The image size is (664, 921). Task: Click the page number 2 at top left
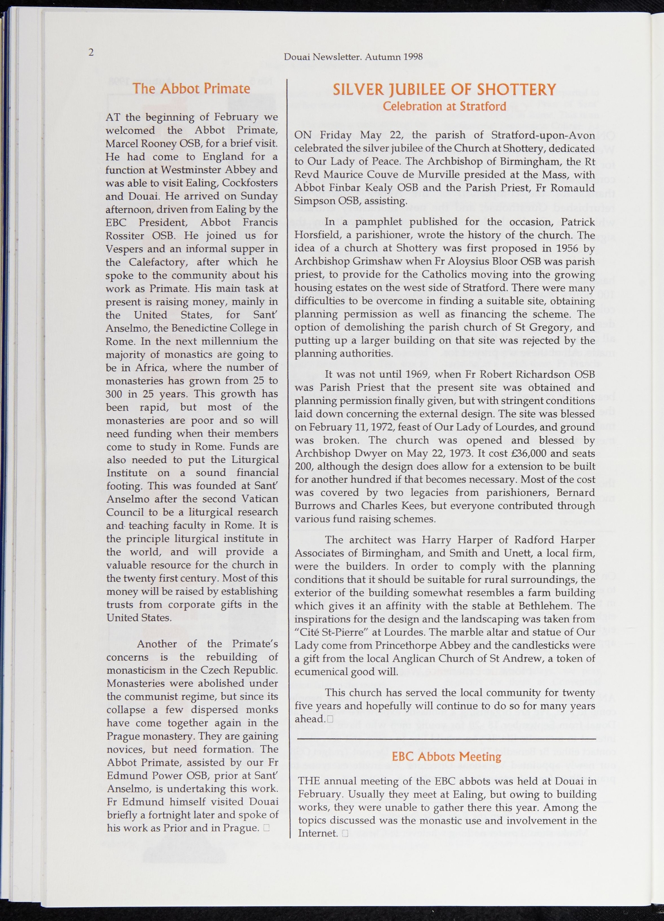[91, 53]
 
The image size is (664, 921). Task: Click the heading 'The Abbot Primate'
[191, 88]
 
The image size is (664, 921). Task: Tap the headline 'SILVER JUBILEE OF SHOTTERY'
[444, 89]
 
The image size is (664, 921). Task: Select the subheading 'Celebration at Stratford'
[444, 107]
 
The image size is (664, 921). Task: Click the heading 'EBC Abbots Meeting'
[447, 756]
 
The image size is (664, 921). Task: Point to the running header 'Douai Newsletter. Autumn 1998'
[353, 57]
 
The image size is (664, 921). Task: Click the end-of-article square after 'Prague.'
[267, 828]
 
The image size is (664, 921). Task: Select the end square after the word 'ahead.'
[330, 719]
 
